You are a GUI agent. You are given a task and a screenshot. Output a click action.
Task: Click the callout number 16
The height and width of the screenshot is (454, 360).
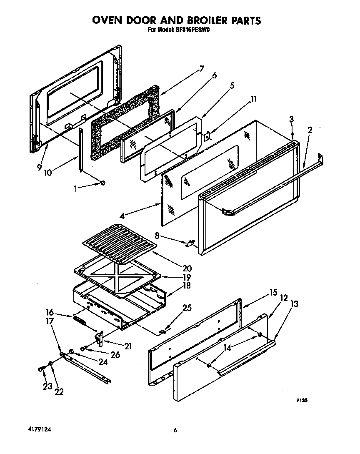50,311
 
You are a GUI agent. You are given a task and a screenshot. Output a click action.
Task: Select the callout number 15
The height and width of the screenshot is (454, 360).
273,292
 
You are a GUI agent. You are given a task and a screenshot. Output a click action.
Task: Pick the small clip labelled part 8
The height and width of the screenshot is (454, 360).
191,243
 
